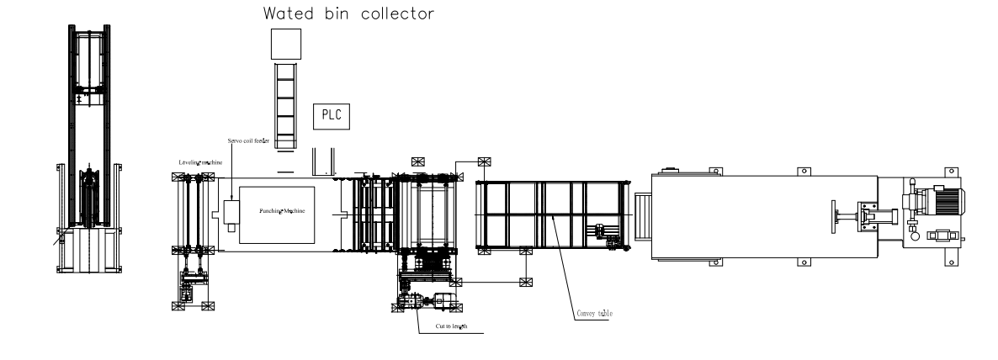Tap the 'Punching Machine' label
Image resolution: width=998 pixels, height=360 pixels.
click(281, 209)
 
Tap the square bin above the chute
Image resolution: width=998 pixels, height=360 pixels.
click(285, 44)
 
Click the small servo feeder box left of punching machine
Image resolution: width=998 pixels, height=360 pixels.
click(233, 211)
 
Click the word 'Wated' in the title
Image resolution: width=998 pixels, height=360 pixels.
click(289, 13)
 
